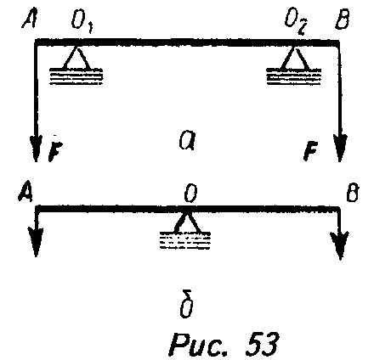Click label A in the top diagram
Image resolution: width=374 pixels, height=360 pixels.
click(30, 20)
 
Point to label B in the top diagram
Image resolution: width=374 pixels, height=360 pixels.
click(342, 20)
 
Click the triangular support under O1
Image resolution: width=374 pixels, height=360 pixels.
click(76, 58)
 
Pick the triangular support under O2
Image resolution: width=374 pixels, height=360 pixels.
click(294, 58)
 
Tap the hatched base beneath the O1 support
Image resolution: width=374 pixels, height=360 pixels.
click(76, 76)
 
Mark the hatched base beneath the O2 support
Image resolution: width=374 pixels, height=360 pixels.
click(294, 76)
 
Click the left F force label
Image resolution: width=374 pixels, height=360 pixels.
click(55, 151)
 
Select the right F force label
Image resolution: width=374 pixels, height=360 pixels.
click(311, 151)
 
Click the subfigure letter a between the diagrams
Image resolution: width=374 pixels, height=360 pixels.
click(187, 141)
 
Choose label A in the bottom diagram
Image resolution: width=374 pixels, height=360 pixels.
click(25, 194)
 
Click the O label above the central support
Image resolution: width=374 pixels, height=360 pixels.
click(190, 194)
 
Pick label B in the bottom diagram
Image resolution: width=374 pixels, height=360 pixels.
click(352, 193)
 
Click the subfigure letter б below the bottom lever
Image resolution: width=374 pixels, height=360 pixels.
click(187, 304)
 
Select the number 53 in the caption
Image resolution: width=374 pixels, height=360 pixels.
click(261, 344)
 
